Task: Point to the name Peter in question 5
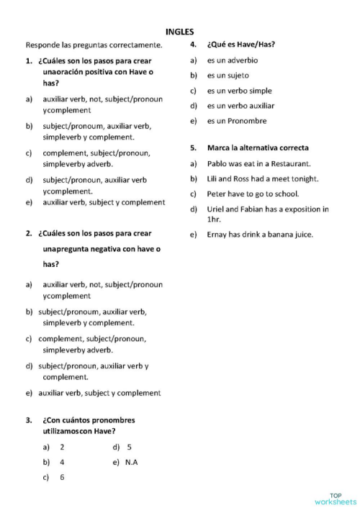pyautogui.click(x=217, y=194)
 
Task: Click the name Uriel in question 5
pyautogui.click(x=217, y=209)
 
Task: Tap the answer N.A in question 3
pyautogui.click(x=131, y=462)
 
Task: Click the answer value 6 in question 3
pyautogui.click(x=62, y=477)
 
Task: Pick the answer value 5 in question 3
pyautogui.click(x=129, y=447)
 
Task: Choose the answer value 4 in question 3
pyautogui.click(x=62, y=462)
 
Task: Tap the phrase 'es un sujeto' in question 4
pyautogui.click(x=228, y=75)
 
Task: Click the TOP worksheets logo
pyautogui.click(x=335, y=498)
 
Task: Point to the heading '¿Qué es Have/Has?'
pyautogui.click(x=240, y=45)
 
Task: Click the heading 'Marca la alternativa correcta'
pyautogui.click(x=258, y=148)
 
